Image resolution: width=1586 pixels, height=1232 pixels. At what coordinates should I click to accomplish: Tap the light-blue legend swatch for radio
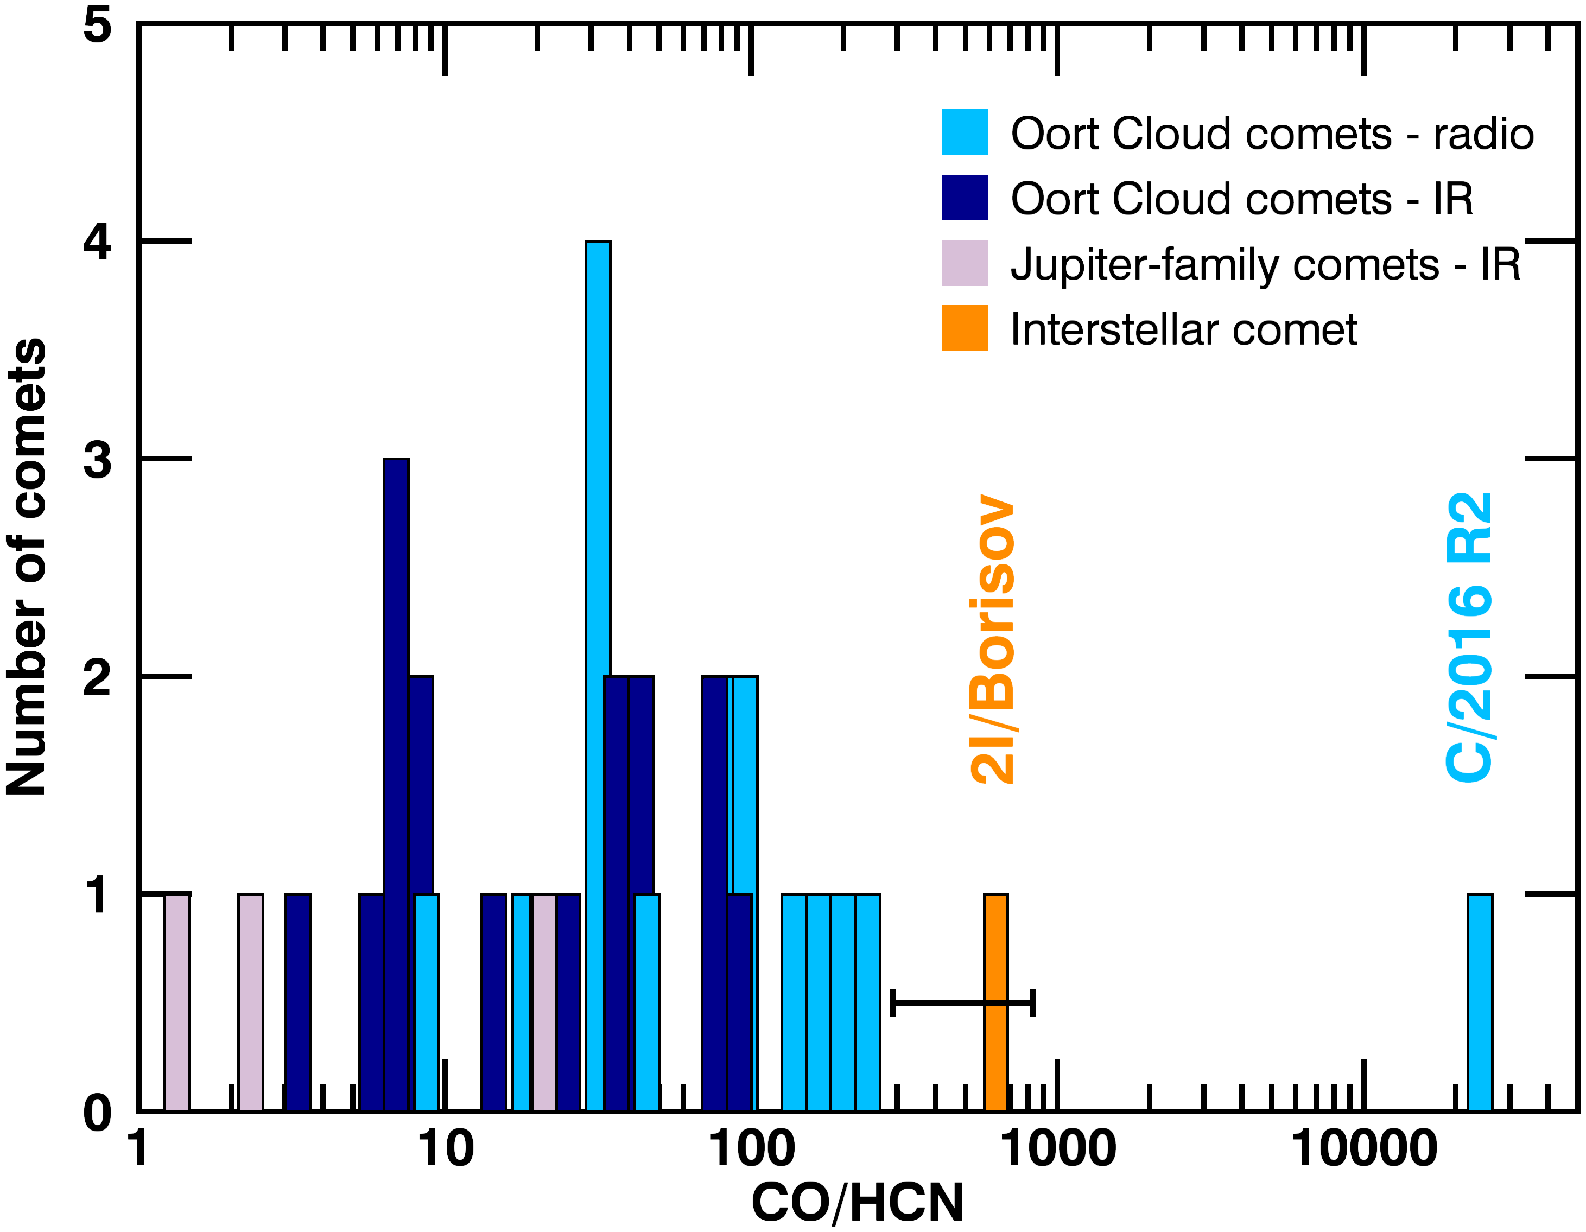(x=965, y=132)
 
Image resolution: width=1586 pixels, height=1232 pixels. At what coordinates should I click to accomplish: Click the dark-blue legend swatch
(x=965, y=198)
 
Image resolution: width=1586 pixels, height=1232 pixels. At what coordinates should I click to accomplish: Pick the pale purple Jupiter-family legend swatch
(x=965, y=263)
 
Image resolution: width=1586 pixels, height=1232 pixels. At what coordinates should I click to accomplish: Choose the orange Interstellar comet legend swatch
(x=965, y=328)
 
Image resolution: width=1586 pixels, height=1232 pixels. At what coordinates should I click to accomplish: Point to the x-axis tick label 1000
(x=1058, y=1150)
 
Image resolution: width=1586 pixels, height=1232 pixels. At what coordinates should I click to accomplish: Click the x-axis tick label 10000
(x=1364, y=1150)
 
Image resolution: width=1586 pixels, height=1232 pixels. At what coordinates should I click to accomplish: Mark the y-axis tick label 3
(x=97, y=459)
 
